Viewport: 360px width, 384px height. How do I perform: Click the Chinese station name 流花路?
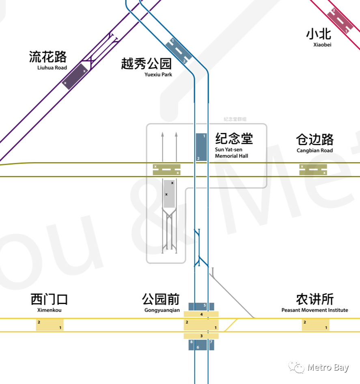[47, 57]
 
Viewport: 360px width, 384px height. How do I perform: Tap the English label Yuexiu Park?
[158, 74]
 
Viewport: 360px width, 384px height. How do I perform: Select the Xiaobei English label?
[322, 45]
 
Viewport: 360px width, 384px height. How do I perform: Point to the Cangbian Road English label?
[315, 150]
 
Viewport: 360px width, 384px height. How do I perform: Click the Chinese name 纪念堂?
[234, 139]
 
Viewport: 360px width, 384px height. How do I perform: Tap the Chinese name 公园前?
[161, 299]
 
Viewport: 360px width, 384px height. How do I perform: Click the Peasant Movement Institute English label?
[315, 310]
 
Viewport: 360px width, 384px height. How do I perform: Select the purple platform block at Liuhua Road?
[75, 76]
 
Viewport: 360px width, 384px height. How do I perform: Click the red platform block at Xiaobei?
[340, 21]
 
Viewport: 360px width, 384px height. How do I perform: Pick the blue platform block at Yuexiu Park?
[179, 51]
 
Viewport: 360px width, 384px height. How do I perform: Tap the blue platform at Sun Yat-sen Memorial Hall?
[201, 147]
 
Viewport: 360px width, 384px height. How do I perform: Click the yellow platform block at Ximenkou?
[50, 325]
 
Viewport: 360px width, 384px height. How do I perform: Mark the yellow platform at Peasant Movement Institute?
[315, 325]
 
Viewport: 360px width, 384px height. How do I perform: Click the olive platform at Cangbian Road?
[313, 169]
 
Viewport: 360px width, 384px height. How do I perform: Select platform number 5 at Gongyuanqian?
[201, 306]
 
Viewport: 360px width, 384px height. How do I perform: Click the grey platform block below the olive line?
[169, 194]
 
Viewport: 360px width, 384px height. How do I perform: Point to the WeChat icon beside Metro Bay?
[296, 368]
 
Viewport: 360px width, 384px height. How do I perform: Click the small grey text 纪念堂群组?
[235, 119]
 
